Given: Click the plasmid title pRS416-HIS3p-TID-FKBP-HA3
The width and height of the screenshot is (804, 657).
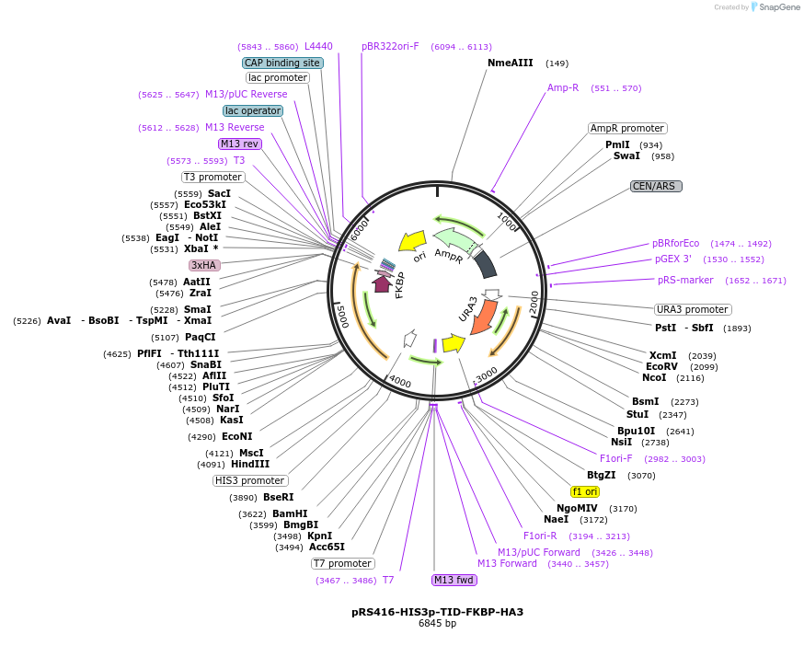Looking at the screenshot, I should tap(437, 612).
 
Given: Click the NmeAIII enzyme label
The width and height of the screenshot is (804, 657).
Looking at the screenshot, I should tap(510, 63).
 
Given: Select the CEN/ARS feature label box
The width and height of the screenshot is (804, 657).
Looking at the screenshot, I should tap(656, 186).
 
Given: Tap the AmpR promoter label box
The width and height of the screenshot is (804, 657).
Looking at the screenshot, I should tap(627, 129).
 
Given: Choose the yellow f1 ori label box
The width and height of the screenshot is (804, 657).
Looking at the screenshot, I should tap(585, 491).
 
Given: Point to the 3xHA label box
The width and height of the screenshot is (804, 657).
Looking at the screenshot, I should tap(204, 265).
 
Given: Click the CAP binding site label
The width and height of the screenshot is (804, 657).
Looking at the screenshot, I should tap(282, 63).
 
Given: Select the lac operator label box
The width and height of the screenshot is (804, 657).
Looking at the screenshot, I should tap(253, 110).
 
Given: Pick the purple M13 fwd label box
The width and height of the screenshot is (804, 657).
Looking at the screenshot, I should tap(454, 580).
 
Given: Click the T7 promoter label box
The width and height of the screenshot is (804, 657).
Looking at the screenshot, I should tap(343, 563).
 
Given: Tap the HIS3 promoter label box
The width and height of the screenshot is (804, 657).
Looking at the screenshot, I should tap(250, 480).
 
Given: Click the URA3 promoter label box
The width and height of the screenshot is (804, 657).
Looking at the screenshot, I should tap(693, 309).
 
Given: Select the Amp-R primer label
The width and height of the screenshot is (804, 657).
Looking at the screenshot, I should tap(563, 88).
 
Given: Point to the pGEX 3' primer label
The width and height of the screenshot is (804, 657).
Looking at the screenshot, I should tap(672, 259).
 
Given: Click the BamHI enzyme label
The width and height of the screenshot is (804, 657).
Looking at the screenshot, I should tap(290, 514).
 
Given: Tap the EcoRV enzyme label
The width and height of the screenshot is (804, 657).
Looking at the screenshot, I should tap(661, 366).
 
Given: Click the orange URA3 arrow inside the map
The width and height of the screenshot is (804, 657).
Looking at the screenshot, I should tap(483, 317).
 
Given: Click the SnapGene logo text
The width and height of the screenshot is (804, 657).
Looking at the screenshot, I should tap(778, 7).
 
